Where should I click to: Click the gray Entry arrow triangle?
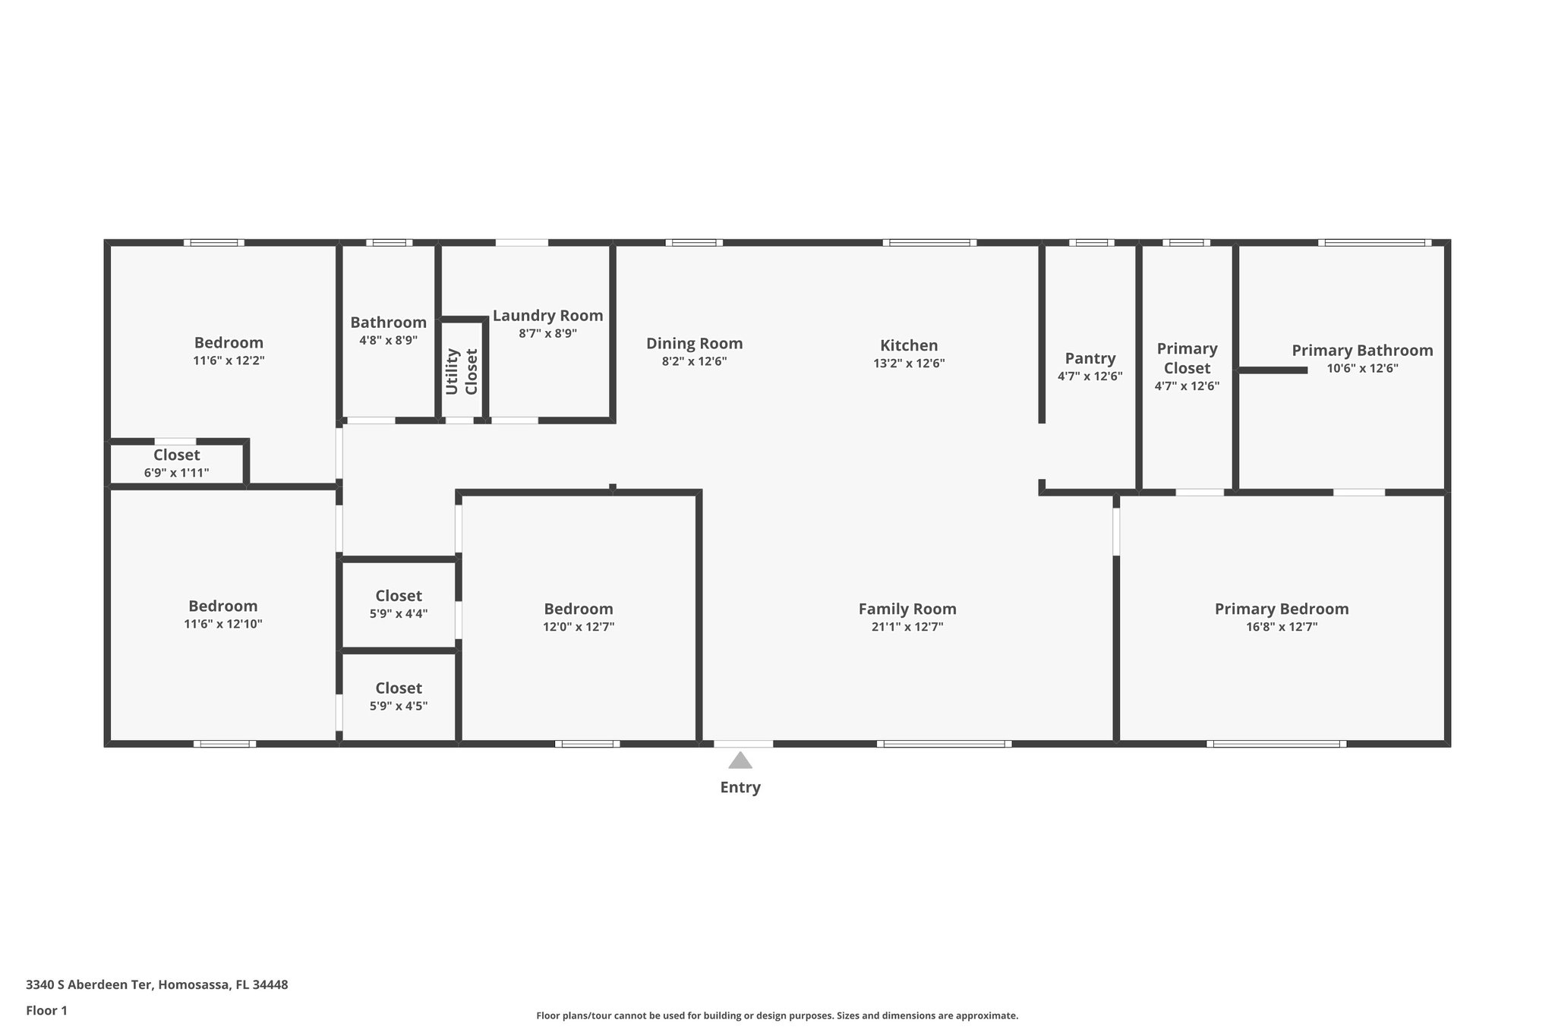coord(740,760)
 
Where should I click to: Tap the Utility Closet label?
coord(462,371)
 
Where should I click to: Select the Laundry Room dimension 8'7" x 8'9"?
coord(547,333)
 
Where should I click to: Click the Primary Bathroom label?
coord(1362,350)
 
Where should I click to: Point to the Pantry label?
coord(1090,358)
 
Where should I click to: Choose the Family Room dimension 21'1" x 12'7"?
coord(907,627)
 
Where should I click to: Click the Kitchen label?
coord(909,345)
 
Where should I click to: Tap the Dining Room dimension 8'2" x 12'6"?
coord(694,362)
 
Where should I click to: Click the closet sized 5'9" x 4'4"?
coord(399,604)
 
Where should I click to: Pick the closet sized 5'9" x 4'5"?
coord(399,696)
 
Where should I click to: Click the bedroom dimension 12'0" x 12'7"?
coord(579,627)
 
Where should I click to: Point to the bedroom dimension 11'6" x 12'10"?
coord(223,624)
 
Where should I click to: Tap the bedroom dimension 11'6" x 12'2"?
coord(229,361)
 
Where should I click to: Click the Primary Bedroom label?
coord(1281,609)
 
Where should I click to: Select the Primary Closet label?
coord(1187,358)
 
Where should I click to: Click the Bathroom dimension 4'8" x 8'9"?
coord(388,341)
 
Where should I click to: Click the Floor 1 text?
coord(46,1011)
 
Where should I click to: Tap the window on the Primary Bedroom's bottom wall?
coord(1276,744)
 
